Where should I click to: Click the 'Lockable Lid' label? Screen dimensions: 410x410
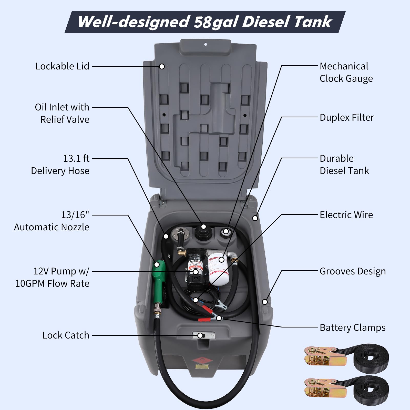62,66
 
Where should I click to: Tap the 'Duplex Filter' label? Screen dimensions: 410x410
347,118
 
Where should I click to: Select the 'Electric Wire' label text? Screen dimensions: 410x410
346,215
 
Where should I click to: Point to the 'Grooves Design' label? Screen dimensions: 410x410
353,271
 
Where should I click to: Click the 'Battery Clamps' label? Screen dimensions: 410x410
352,328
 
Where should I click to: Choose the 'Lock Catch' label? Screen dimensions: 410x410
66,335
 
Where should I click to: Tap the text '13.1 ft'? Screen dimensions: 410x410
76,159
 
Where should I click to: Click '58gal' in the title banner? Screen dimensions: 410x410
216,22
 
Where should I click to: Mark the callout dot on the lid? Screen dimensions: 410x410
162,66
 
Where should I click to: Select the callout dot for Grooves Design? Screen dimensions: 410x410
265,302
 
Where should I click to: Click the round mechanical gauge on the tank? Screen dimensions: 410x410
226,232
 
